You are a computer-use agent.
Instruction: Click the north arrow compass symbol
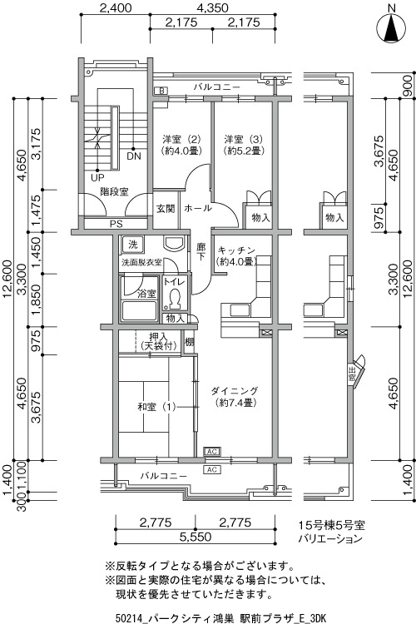392,27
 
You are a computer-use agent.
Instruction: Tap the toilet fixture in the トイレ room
174,300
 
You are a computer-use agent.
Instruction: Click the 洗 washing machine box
133,245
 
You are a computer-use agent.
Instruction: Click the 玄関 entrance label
166,209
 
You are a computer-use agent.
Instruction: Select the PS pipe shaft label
116,224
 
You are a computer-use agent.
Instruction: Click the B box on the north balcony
161,91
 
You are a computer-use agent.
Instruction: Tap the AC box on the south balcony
212,469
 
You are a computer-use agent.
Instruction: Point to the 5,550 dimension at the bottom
195,537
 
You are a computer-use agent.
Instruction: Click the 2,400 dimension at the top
116,7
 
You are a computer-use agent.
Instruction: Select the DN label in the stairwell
134,156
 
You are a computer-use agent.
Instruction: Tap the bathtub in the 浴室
139,311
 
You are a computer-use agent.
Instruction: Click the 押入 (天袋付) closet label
158,341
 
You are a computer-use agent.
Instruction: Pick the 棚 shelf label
189,342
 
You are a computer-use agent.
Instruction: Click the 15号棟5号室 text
332,525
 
